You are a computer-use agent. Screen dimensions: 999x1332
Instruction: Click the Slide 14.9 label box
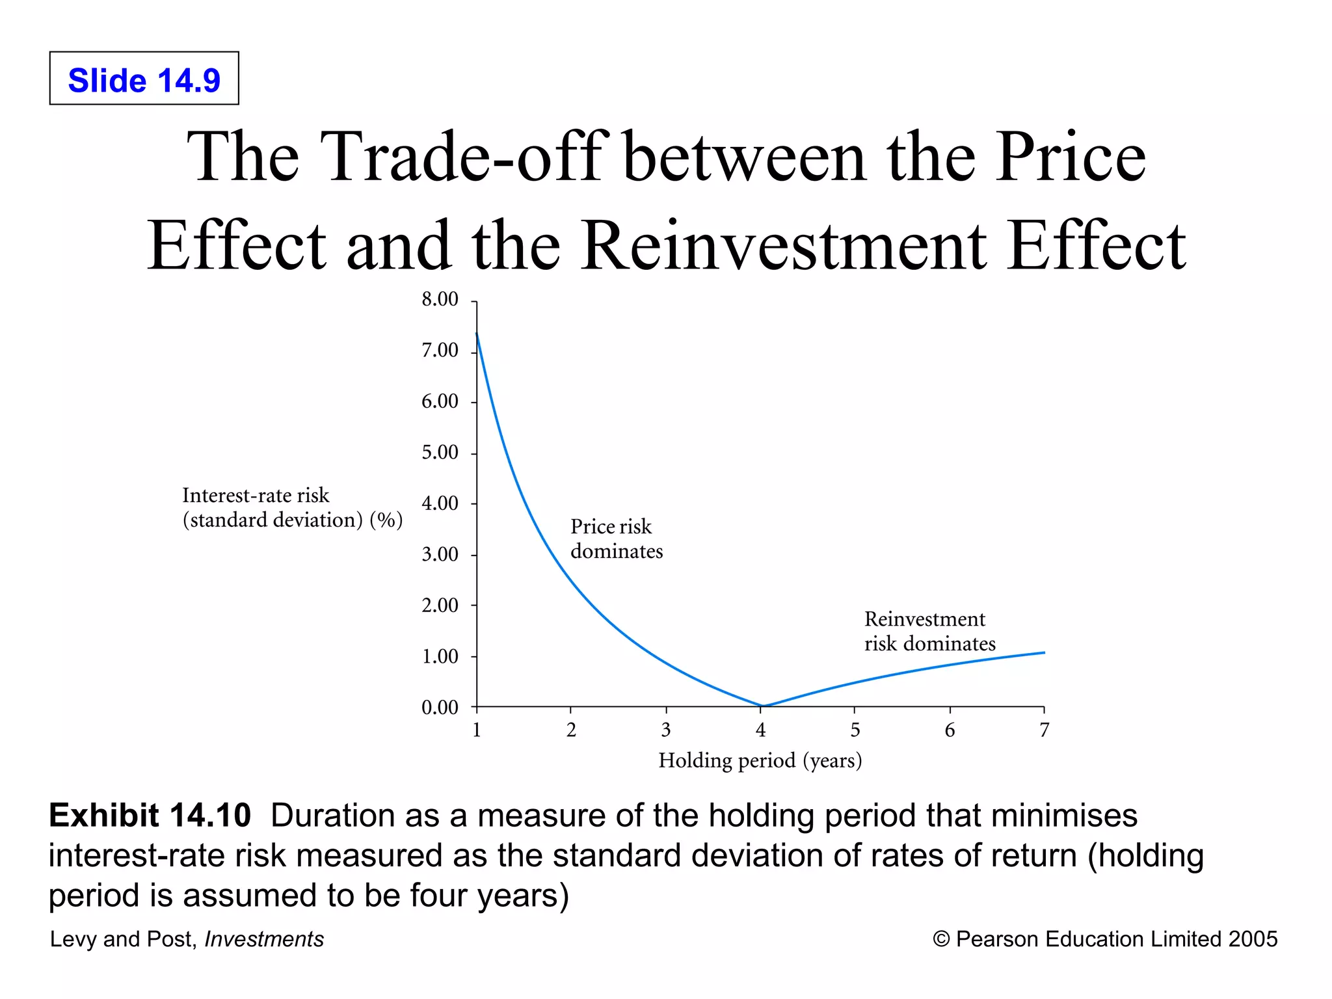point(144,79)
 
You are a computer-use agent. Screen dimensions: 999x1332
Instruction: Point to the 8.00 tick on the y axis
point(440,299)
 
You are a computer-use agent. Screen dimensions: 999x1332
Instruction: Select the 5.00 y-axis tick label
point(440,452)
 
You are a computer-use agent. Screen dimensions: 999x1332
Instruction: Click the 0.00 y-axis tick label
point(440,707)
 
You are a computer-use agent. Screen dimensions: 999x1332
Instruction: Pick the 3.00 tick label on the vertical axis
point(440,554)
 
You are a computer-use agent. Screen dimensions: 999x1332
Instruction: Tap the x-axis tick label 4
point(760,730)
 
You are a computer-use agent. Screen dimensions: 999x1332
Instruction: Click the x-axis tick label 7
point(1044,730)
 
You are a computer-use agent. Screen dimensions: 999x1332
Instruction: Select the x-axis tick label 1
point(477,730)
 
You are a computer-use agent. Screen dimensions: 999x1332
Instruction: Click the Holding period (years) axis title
point(760,760)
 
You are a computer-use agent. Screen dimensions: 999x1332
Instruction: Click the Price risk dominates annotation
point(616,539)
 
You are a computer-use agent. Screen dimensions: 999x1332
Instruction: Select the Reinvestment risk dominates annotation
point(929,631)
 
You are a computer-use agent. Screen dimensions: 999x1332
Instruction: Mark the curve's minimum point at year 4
point(762,706)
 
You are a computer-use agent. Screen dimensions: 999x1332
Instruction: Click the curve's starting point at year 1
point(477,334)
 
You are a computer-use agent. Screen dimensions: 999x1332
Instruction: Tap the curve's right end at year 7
point(1044,652)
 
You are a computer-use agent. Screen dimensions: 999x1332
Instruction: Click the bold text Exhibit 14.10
point(150,816)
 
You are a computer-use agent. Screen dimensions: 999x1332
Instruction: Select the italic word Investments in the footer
point(263,939)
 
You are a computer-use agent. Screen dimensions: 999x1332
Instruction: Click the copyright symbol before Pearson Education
point(940,939)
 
